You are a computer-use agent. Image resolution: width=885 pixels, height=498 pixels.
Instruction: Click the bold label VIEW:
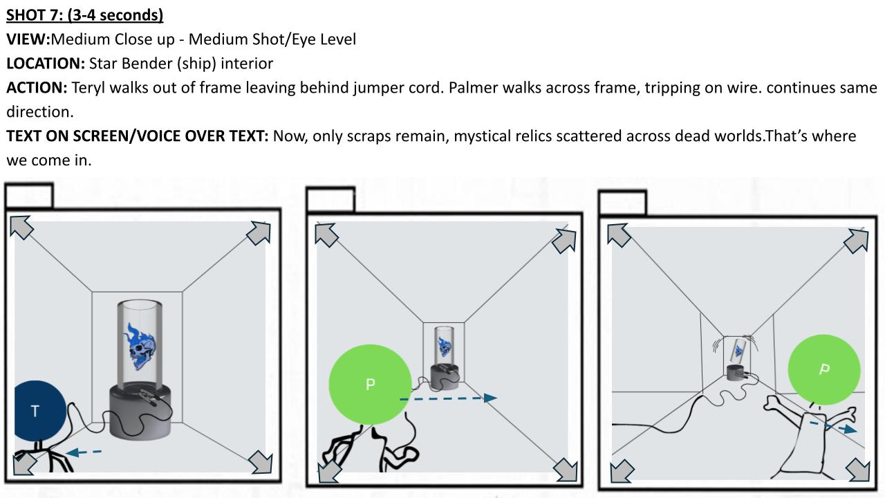point(28,39)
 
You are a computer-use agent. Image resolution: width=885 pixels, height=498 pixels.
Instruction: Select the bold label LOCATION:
point(46,63)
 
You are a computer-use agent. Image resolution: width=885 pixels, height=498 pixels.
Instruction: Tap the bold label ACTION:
point(37,87)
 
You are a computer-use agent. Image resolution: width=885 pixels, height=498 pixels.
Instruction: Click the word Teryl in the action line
point(88,88)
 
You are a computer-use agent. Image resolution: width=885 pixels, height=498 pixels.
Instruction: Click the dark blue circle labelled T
point(40,411)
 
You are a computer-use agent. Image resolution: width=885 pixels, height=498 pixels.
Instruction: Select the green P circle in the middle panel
point(370,384)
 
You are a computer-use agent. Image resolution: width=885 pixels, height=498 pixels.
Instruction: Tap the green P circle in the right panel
point(824,369)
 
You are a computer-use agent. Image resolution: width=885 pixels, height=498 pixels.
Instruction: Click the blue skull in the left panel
point(140,347)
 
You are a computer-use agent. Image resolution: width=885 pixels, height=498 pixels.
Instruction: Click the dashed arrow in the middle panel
point(448,398)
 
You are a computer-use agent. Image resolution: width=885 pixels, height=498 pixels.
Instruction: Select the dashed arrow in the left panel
point(84,452)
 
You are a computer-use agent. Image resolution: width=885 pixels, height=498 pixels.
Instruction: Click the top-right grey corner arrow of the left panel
point(259,232)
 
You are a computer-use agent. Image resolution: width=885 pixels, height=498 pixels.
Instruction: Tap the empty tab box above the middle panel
point(330,200)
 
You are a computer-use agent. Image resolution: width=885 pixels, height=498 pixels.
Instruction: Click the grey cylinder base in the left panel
point(140,412)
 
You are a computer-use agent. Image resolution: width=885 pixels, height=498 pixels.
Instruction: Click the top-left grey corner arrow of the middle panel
point(326,234)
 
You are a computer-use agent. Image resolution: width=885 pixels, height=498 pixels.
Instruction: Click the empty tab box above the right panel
point(623,203)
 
